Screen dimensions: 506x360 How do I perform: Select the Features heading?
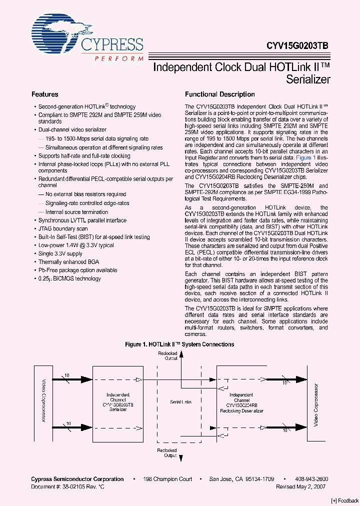[x=45, y=94]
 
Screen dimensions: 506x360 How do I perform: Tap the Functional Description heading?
[x=219, y=94]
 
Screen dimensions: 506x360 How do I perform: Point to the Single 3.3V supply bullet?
[x=60, y=254]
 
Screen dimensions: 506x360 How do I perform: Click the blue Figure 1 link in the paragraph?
[x=305, y=157]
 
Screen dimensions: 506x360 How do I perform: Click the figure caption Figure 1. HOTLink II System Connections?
[x=179, y=344]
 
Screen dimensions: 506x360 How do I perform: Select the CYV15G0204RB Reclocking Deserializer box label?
[x=241, y=405]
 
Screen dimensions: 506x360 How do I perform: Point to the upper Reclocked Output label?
[x=168, y=355]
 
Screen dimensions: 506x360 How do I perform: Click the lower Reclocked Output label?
[x=167, y=452]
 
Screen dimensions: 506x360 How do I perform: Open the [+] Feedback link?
[x=344, y=500]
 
